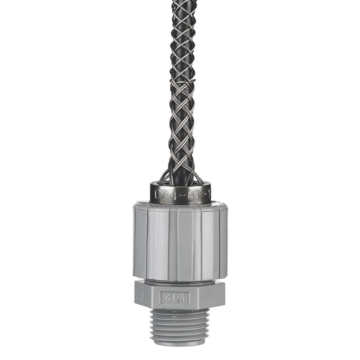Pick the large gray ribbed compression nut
(x=180, y=241)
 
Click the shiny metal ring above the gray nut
(x=180, y=193)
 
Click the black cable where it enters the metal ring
(x=180, y=178)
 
